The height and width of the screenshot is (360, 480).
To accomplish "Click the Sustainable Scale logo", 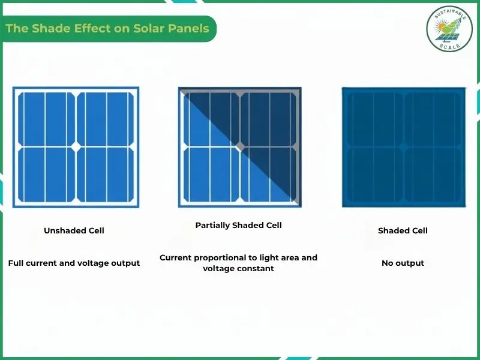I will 449,28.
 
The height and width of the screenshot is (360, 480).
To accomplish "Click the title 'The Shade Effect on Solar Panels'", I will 107,29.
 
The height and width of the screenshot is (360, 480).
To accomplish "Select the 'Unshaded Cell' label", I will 74,230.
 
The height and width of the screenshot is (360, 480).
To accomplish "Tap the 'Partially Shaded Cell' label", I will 238,226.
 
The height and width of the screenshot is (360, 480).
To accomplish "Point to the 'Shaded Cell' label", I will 403,230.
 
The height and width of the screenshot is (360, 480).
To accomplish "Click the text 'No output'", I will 403,263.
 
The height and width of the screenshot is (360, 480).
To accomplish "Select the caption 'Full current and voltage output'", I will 74,263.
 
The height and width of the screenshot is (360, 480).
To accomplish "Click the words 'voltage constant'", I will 238,269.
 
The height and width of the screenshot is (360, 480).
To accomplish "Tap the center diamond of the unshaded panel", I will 76,146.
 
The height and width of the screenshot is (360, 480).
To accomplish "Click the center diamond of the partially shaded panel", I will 239,146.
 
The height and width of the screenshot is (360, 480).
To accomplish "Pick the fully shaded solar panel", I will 403,147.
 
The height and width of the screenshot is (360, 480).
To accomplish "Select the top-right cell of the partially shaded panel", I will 269,118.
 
